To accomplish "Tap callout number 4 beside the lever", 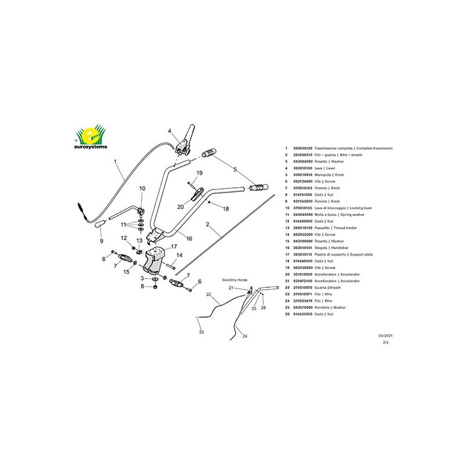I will [x=169, y=131].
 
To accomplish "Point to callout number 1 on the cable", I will [x=116, y=160].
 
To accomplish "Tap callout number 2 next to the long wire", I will [x=207, y=224].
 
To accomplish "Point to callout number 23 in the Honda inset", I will [x=201, y=332].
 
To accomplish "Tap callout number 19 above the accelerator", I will [x=199, y=173].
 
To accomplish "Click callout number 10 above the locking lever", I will [x=142, y=188].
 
